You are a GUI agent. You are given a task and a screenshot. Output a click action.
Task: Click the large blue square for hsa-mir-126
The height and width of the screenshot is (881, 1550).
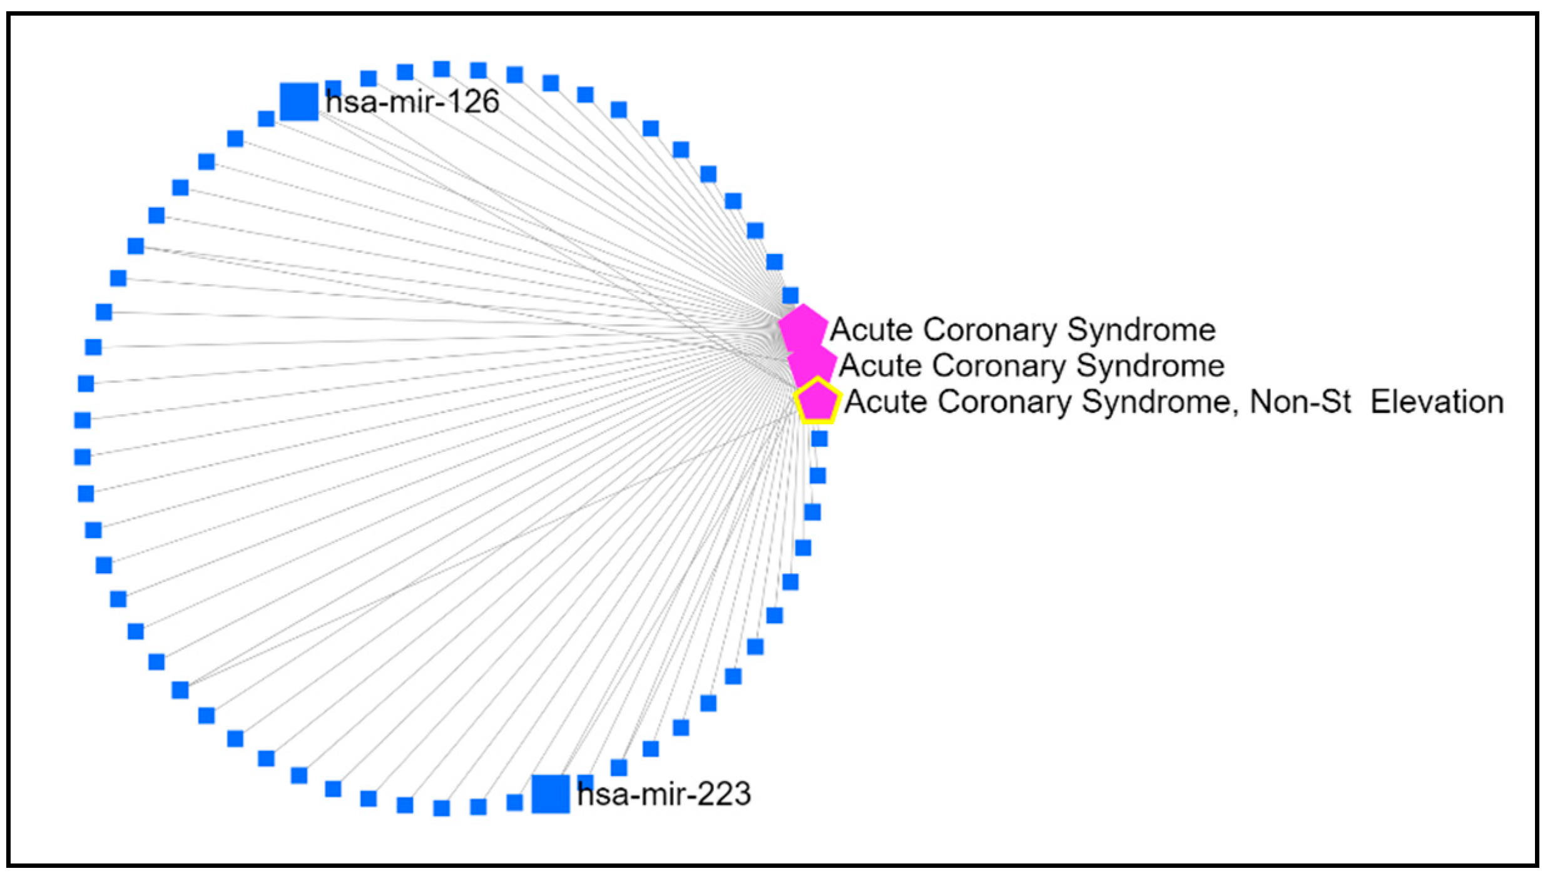[x=298, y=101]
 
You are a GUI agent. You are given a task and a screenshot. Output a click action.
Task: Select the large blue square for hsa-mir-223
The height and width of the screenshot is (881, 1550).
[x=551, y=794]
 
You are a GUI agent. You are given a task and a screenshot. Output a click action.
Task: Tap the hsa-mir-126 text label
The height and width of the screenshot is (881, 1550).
[x=412, y=101]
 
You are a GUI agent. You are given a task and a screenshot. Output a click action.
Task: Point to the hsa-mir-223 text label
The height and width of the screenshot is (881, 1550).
[x=664, y=794]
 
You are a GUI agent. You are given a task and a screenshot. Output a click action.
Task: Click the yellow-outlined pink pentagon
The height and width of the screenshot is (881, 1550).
[x=817, y=400]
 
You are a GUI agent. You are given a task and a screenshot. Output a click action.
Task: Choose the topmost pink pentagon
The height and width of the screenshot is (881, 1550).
[x=802, y=327]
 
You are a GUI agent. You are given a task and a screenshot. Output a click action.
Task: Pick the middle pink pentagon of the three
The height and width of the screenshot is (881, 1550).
[x=812, y=364]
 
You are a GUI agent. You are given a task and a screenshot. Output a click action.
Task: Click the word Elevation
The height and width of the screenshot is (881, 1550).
[x=1437, y=402]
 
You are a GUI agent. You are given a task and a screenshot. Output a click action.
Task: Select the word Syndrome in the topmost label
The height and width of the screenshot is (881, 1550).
[x=1141, y=330]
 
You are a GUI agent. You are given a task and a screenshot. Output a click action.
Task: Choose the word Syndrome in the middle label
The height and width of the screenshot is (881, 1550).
[x=1150, y=365]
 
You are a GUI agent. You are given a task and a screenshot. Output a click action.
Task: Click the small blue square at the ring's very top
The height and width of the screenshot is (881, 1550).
[x=442, y=69]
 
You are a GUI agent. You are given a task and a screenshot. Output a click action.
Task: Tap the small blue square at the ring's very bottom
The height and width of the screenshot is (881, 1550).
[x=442, y=808]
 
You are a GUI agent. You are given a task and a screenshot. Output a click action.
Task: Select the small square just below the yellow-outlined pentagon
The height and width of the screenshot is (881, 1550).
[x=820, y=439]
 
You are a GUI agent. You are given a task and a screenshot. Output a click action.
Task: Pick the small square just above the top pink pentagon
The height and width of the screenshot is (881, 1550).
[x=790, y=295]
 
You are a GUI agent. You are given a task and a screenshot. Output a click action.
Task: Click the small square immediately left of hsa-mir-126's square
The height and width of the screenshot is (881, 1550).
[x=267, y=118]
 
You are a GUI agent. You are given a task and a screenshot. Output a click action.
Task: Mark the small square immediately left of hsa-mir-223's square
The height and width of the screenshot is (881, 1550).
[x=514, y=802]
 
